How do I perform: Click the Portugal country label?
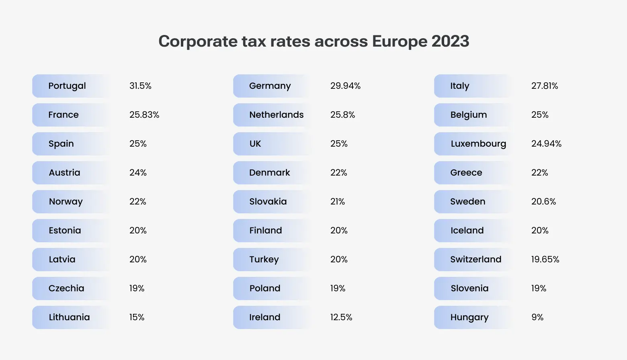pos(67,86)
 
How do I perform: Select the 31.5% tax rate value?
pos(140,86)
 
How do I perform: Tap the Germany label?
pos(270,86)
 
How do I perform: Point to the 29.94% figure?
pos(345,86)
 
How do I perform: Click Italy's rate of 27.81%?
pos(545,86)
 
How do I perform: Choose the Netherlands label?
pos(277,115)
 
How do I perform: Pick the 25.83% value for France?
pos(144,115)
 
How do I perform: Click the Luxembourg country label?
pos(478,144)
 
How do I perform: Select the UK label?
pos(255,144)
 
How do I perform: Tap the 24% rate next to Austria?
pos(138,173)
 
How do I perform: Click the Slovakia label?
pos(268,202)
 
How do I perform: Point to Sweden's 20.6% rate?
pos(543,202)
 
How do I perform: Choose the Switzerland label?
pos(475,260)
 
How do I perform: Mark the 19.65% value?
pos(545,260)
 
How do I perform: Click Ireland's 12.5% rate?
pos(341,317)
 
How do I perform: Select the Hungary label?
pos(469,317)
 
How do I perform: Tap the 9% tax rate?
pos(537,317)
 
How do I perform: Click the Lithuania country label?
pos(69,317)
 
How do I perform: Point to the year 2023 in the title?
pos(450,41)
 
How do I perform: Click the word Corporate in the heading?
pos(198,42)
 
